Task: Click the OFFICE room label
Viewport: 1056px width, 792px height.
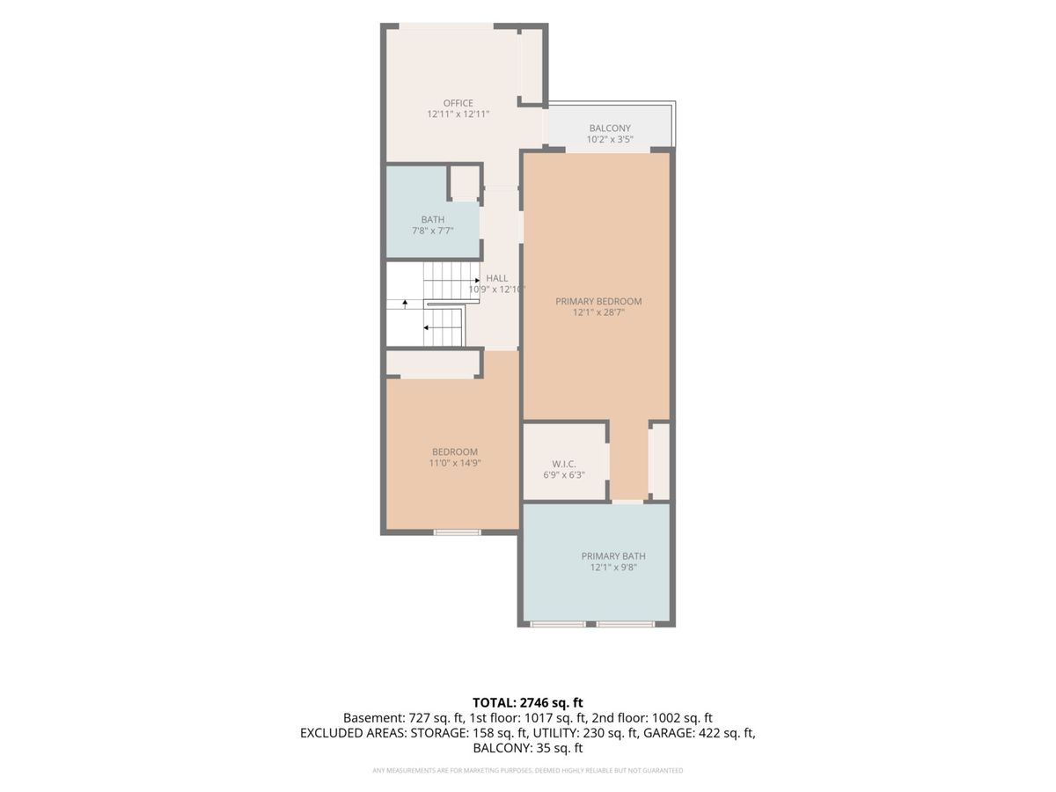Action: [x=458, y=103]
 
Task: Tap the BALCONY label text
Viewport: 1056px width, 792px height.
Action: [x=610, y=128]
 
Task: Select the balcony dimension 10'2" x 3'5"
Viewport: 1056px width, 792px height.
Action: [x=610, y=139]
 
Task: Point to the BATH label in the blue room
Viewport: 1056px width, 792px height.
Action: [x=432, y=219]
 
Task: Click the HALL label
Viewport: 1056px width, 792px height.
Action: [x=496, y=278]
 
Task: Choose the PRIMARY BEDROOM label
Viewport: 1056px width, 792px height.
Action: [x=598, y=302]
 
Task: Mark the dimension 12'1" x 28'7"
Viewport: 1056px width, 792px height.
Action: [x=598, y=312]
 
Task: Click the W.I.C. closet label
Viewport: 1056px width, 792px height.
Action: [x=564, y=464]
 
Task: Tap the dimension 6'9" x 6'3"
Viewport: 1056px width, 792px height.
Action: [x=564, y=475]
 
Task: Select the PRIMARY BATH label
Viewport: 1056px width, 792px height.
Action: [x=613, y=556]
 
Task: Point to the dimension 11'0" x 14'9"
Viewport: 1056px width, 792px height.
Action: [x=455, y=463]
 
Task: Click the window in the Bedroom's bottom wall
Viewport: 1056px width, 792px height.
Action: [x=457, y=532]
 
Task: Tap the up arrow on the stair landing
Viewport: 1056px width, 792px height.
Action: [x=405, y=304]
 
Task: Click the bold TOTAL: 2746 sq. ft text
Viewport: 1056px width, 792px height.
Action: [x=528, y=702]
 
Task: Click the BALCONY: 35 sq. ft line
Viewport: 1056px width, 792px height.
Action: [x=528, y=748]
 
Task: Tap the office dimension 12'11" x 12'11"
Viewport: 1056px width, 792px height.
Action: [x=458, y=114]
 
